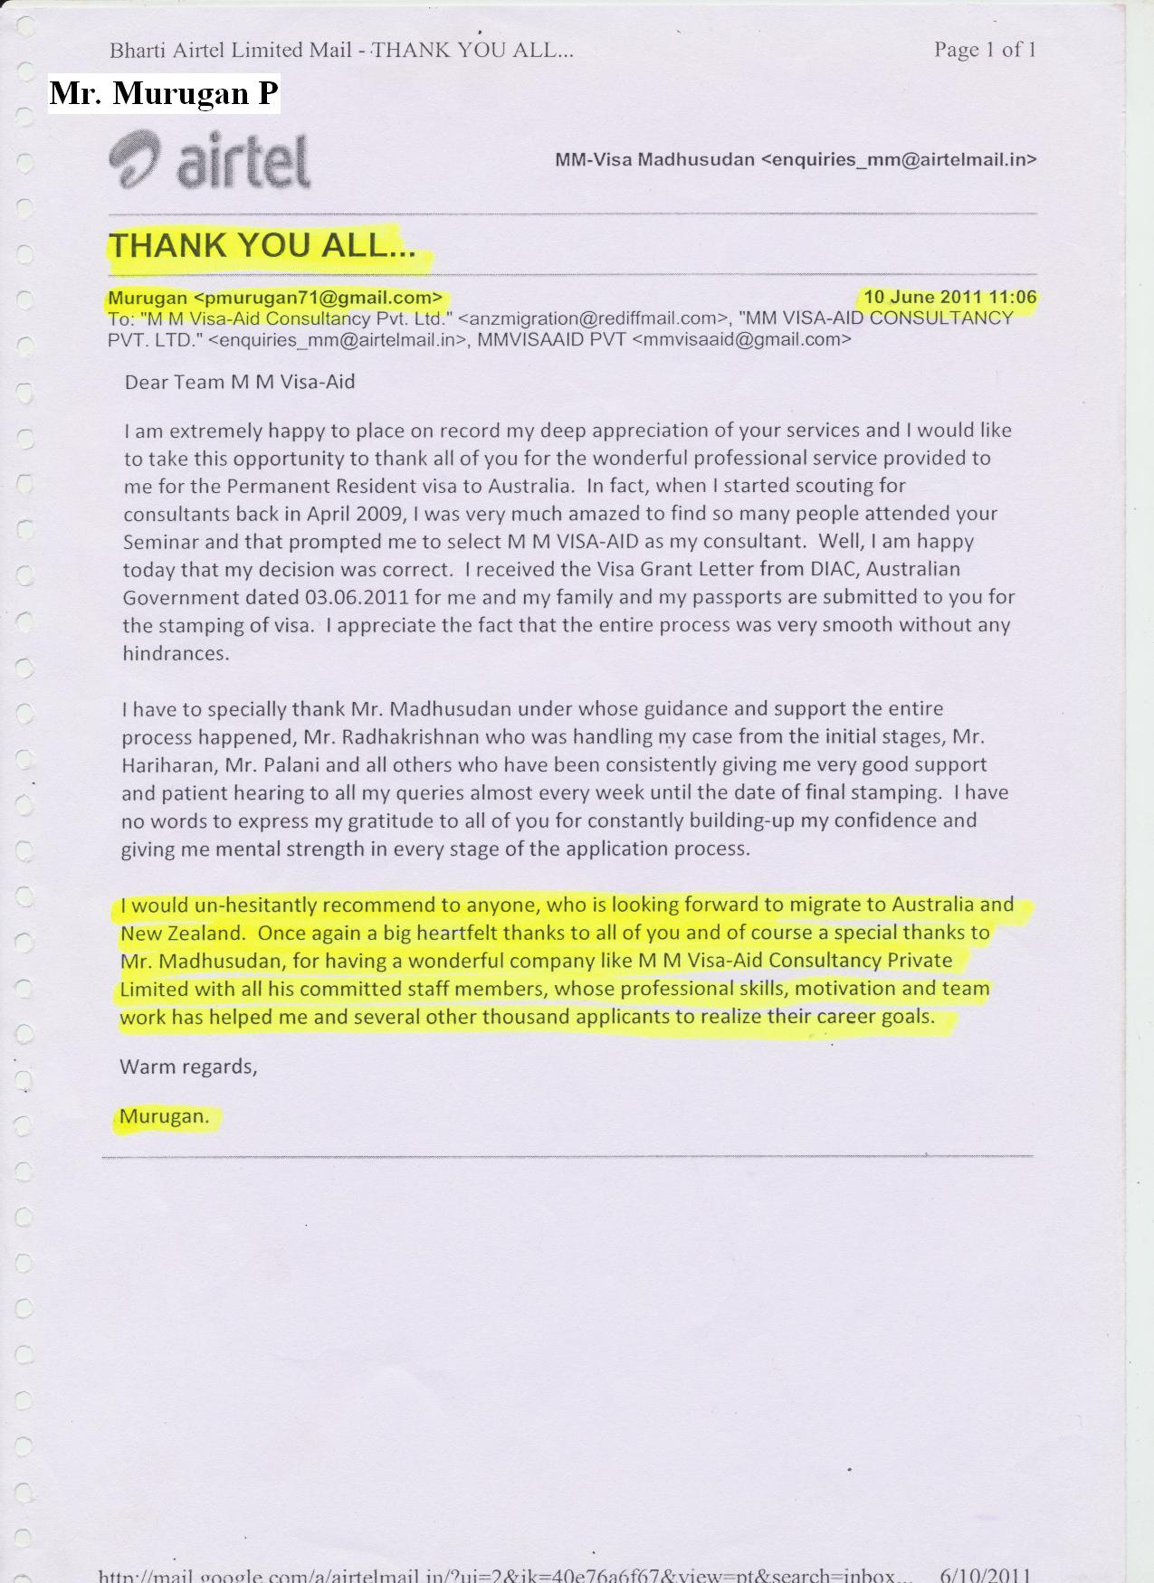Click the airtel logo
tap(210, 161)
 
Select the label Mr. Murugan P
tap(164, 93)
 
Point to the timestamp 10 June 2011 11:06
tap(949, 297)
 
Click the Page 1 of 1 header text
tap(985, 50)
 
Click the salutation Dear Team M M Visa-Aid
tap(240, 382)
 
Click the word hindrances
tap(176, 654)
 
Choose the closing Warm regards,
tap(188, 1066)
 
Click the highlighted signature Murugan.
tap(164, 1116)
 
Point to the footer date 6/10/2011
tap(986, 1575)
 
